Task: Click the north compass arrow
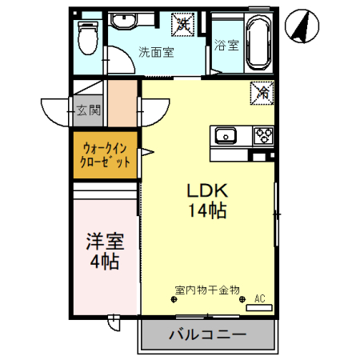point(302,26)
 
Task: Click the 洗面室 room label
point(157,54)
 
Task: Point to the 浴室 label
point(227,46)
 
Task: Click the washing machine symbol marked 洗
point(184,24)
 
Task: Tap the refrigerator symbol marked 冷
point(262,92)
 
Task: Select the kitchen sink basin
point(225,134)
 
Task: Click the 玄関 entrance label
point(88,110)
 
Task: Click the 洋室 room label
point(103,240)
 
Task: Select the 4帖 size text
point(103,261)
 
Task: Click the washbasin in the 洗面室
point(124,21)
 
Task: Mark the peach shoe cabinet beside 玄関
point(124,103)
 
